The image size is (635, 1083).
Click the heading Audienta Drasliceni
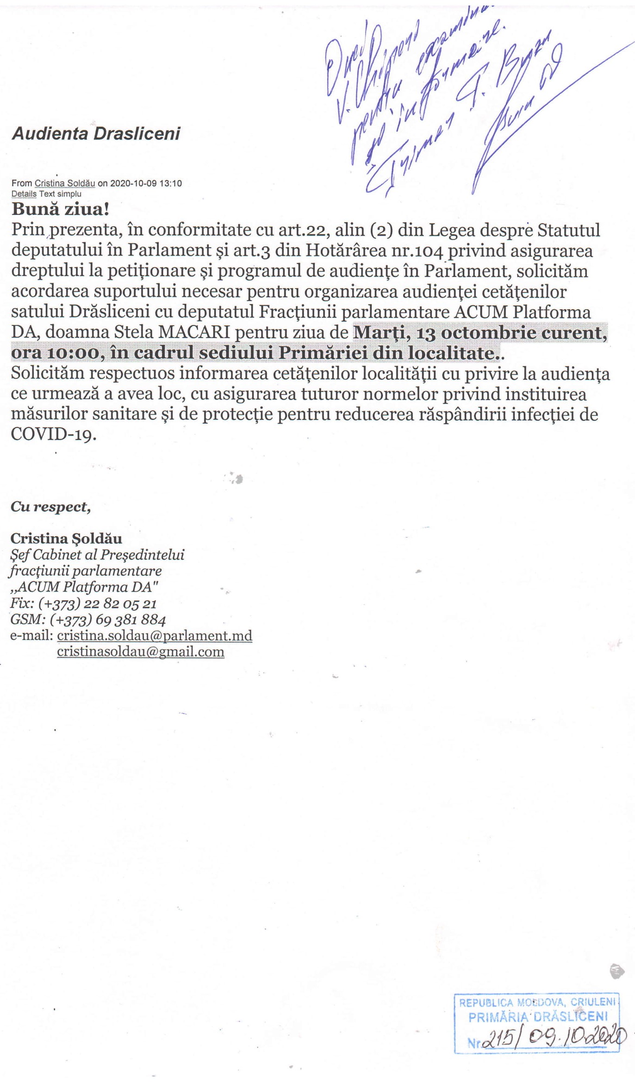(96, 134)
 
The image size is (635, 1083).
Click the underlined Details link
(24, 194)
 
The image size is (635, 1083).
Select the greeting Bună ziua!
(61, 209)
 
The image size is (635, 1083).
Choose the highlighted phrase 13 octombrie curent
(511, 332)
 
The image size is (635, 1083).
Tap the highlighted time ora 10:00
(55, 353)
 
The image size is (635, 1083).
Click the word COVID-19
(53, 434)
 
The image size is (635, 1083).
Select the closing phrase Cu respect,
(50, 507)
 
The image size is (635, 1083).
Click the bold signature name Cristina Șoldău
(66, 538)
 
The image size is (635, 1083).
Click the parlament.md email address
(155, 636)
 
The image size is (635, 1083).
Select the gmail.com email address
(141, 652)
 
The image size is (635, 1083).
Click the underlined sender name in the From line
(65, 183)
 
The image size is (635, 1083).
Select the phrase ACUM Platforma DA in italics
(84, 587)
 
